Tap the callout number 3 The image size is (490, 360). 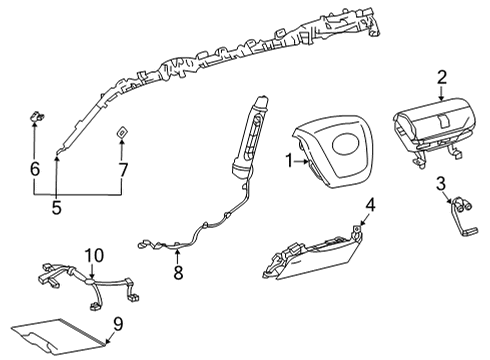click(x=440, y=183)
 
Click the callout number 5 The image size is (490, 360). click(x=56, y=208)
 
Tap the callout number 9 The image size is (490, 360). click(x=118, y=324)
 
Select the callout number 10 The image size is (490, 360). click(x=93, y=256)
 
